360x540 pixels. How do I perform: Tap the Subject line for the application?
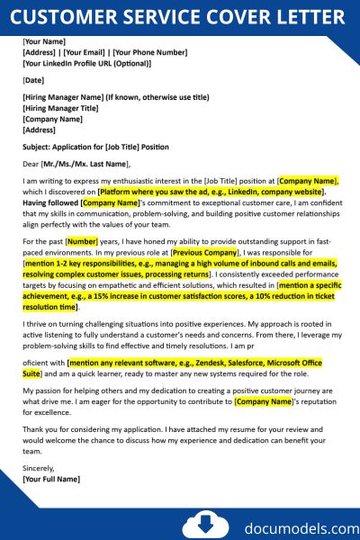coord(95,147)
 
